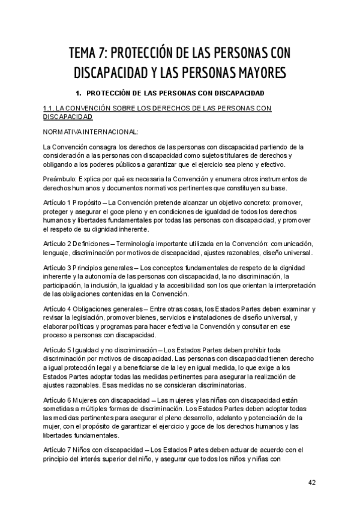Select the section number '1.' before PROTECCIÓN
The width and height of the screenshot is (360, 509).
click(x=77, y=94)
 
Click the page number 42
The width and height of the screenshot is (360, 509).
click(x=311, y=483)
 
